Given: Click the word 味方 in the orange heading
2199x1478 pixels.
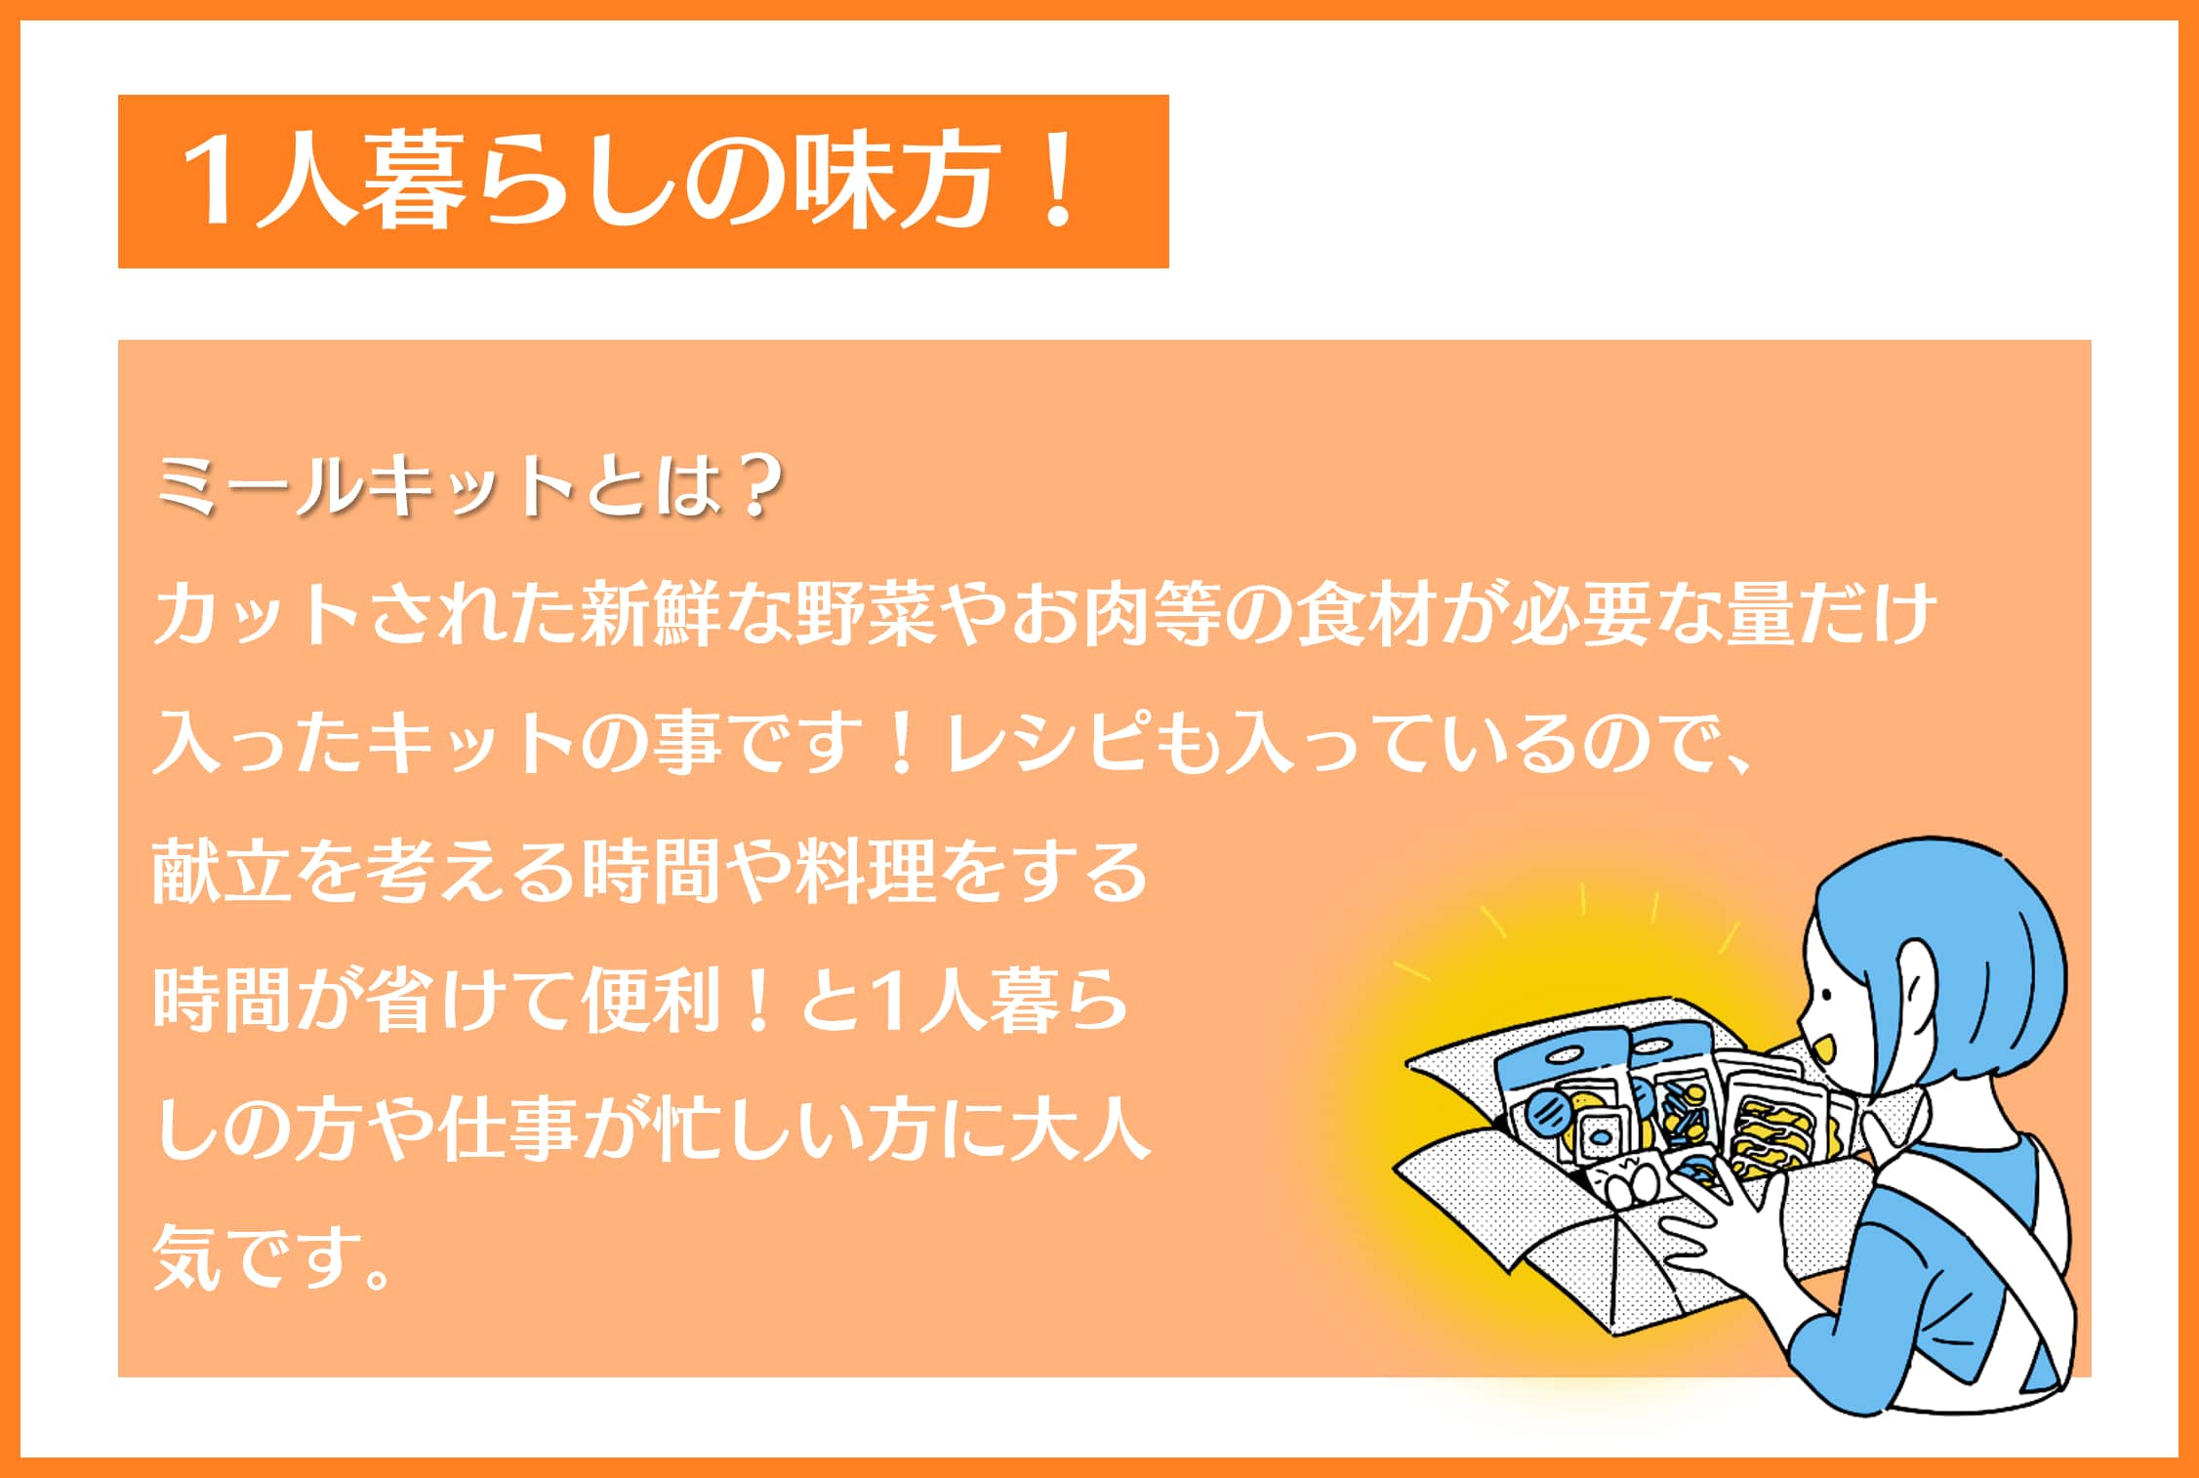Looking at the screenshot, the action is pos(899,182).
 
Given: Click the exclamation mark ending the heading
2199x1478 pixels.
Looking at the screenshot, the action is pos(1058,182).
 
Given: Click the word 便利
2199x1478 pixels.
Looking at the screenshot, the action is pos(649,1001).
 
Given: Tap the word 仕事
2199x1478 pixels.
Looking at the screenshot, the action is pos(508,1130).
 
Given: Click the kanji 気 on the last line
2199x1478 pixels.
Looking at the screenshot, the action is pos(186,1258).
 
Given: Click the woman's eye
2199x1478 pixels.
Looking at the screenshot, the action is pos(1825,994).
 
